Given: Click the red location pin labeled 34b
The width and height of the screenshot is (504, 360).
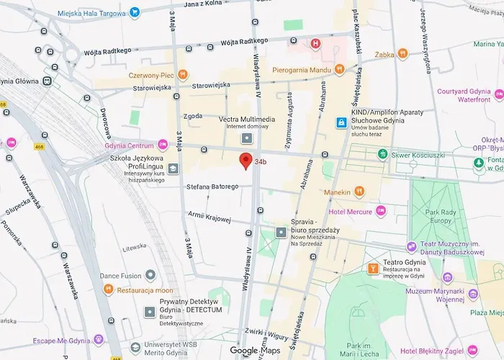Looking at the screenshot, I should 246,161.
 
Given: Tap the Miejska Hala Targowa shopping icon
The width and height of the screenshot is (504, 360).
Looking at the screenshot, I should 135,12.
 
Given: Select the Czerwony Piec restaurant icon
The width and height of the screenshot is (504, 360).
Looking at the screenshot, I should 183,73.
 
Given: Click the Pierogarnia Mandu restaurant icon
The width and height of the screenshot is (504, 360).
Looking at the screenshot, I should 340,71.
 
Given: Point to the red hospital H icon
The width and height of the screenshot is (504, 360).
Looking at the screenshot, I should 315,43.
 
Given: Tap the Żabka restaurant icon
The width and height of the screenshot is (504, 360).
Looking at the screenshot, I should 402,53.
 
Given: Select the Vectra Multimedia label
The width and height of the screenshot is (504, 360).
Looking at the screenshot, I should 247,119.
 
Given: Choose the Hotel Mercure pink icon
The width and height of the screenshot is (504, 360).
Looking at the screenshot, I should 381,211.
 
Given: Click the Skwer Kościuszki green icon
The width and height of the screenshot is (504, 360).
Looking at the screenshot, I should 383,154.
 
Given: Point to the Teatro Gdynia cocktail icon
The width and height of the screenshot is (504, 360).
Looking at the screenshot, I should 372,269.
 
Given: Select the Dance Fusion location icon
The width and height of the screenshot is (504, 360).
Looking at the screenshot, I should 150,275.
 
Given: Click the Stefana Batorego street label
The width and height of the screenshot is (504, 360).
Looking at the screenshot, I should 212,186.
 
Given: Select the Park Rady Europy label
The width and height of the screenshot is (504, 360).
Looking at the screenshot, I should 446,216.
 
